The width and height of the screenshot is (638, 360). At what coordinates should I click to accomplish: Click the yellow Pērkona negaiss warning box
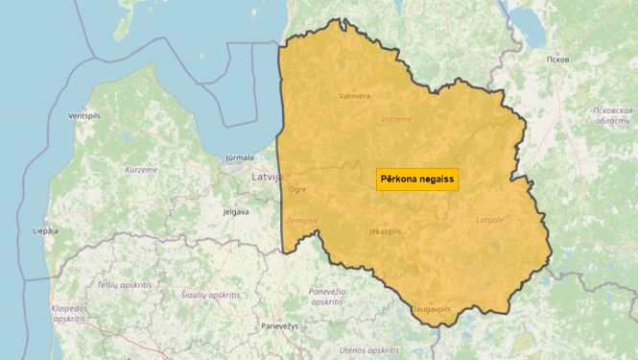tap(416, 180)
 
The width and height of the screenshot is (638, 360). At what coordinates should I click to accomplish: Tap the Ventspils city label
tap(84, 115)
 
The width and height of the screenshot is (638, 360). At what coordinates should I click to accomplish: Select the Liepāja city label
tap(45, 231)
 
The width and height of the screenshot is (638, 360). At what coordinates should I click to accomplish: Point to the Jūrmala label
tap(239, 157)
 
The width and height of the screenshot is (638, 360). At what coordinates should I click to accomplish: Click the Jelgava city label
tap(235, 211)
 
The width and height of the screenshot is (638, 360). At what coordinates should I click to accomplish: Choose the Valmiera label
tap(354, 95)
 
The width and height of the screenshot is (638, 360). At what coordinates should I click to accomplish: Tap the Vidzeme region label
tap(396, 119)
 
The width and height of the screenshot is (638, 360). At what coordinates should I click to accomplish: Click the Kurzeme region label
tap(141, 169)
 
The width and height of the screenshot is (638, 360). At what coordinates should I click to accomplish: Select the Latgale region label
tap(489, 220)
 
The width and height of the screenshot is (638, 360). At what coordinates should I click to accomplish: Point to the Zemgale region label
tap(301, 220)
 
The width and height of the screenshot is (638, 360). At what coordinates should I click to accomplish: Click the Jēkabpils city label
tap(385, 231)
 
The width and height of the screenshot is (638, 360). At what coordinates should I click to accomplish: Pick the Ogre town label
tap(296, 189)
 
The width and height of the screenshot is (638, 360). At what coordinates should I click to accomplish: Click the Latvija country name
tap(267, 177)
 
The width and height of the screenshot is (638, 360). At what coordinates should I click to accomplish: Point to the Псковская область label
tap(612, 115)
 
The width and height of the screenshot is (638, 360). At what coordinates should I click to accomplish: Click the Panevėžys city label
tap(280, 326)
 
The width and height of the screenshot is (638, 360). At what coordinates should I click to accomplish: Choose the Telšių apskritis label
tap(125, 285)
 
